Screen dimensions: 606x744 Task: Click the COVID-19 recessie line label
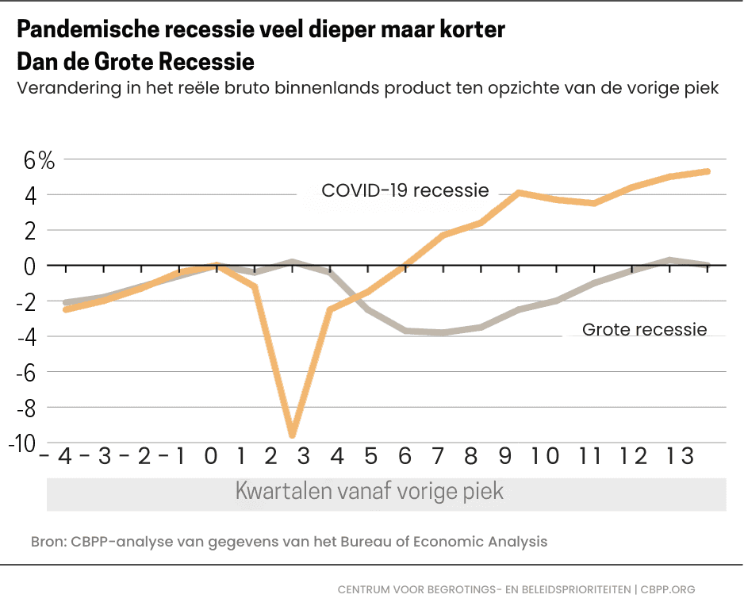point(405,190)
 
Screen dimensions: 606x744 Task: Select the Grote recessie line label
point(644,329)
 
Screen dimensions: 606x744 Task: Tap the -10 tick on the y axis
point(25,443)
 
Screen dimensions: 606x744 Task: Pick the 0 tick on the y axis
point(29,266)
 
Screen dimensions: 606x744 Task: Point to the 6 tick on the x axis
point(405,457)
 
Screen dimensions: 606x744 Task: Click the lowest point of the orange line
point(293,435)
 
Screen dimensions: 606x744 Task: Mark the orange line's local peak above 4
point(518,193)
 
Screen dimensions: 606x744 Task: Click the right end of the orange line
point(708,171)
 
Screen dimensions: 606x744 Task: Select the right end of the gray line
point(708,265)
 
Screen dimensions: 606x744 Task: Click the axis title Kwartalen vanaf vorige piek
point(370,491)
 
